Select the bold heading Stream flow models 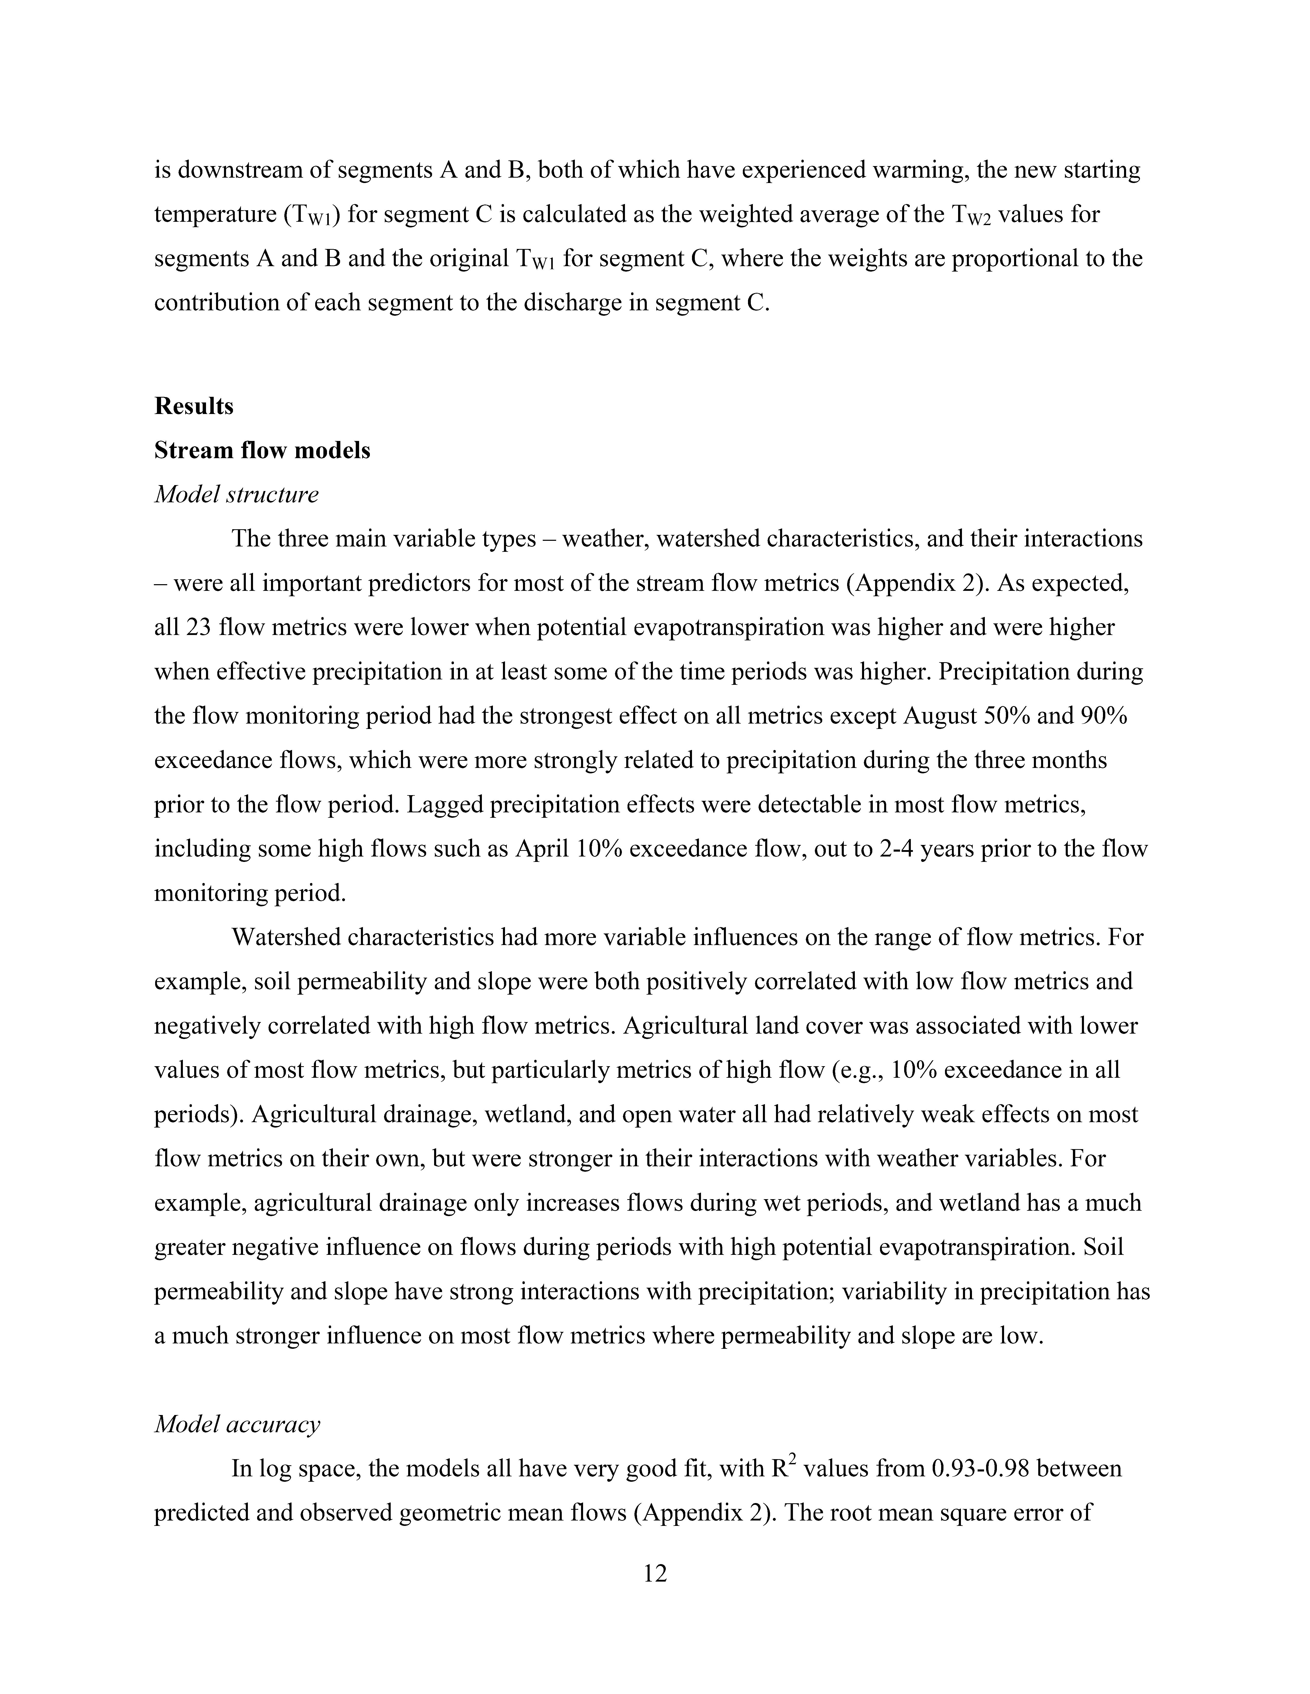coord(262,451)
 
